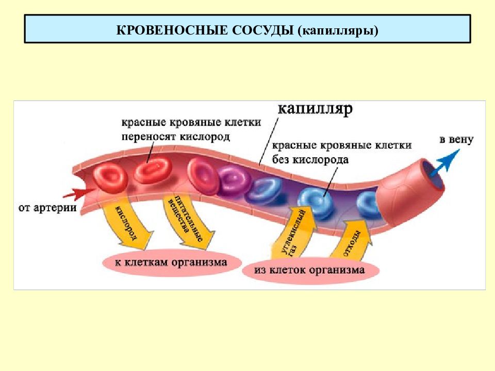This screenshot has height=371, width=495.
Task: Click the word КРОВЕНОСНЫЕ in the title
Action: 172,30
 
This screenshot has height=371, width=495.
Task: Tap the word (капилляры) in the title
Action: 337,31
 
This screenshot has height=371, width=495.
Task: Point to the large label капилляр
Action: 315,109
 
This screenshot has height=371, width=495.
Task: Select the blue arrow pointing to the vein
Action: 445,162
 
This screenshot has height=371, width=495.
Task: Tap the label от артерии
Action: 47,208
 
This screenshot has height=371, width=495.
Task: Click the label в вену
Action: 456,140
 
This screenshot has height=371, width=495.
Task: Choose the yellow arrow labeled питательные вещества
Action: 187,222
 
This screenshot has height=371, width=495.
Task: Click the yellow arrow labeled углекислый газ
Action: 294,232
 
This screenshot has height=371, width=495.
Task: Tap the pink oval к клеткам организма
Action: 172,263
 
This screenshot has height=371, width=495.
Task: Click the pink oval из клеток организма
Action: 310,271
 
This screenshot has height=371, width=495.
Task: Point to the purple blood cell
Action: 234,181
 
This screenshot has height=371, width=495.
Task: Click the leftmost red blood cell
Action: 110,178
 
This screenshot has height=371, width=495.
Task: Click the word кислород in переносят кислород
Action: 204,137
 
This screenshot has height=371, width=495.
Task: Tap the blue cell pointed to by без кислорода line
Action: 316,202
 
